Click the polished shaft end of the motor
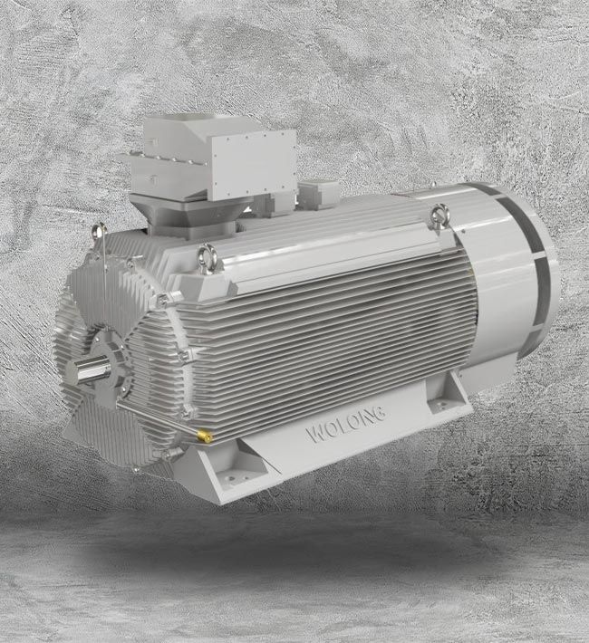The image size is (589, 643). click(90, 370)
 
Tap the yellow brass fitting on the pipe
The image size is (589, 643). click(207, 437)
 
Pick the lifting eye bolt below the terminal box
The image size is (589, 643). click(206, 255)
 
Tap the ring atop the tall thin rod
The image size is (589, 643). click(100, 229)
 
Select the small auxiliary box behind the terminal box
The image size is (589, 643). click(317, 193)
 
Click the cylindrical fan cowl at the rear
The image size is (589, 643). click(512, 263)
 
